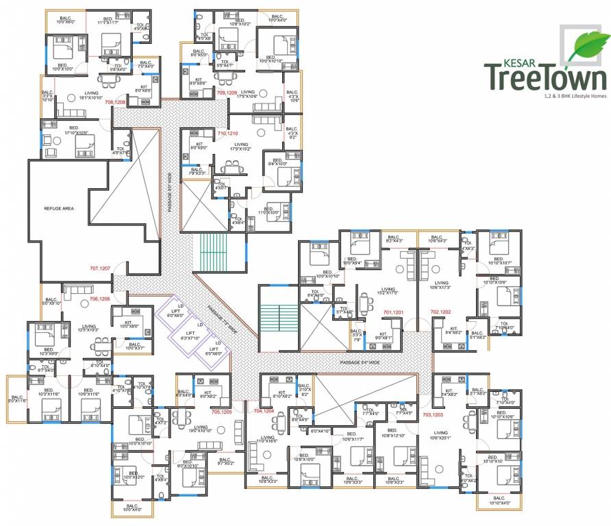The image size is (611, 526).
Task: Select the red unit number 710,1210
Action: coord(226,133)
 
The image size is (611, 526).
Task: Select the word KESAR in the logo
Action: coord(501,62)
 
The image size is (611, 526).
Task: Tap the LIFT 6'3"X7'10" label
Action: coord(189,336)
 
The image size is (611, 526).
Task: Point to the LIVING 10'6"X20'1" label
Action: coord(440,436)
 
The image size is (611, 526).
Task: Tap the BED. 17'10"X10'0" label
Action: coord(77,129)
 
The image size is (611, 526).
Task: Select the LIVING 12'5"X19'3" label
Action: coord(89,328)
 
